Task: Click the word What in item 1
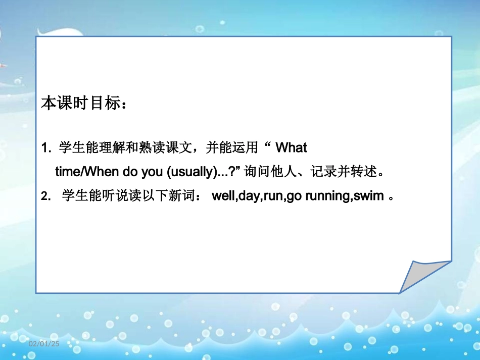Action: point(292,148)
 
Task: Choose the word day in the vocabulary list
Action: point(248,196)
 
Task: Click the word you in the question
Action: point(152,172)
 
